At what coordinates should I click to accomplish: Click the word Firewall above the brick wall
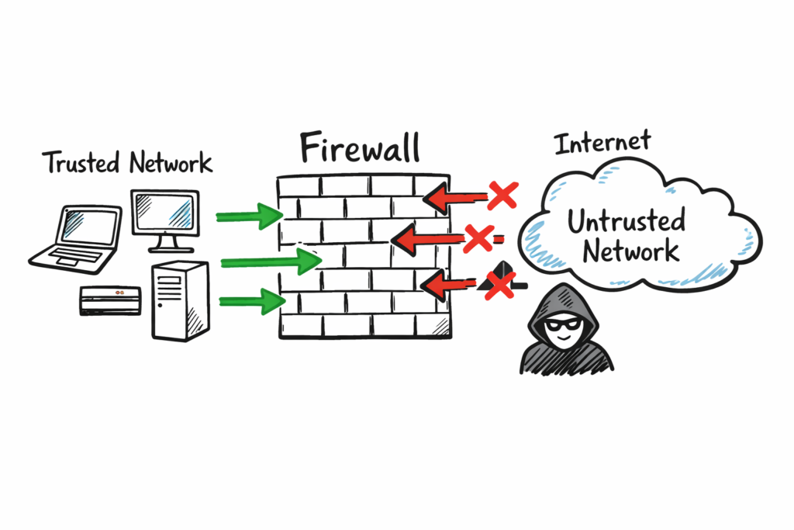pos(360,147)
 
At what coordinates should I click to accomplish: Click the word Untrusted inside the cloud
pos(626,222)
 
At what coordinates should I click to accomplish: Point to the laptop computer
pos(78,237)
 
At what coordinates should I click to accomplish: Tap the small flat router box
pos(110,298)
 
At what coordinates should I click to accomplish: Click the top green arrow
pos(249,215)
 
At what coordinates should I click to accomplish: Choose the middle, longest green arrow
pos(271,262)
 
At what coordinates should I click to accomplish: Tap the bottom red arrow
pos(450,285)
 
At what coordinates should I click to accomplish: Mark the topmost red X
pos(502,195)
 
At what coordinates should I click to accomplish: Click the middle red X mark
pos(478,238)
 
